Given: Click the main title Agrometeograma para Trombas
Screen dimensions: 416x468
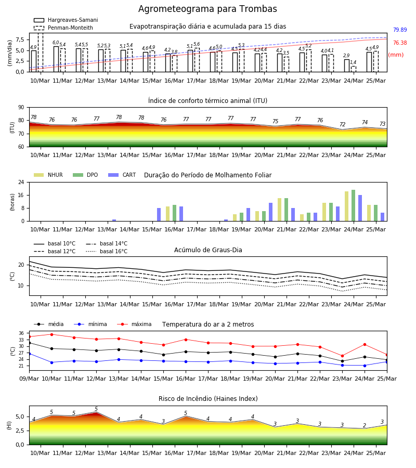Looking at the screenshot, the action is (207, 9).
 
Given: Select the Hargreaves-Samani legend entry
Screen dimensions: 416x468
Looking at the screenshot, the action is (66, 20).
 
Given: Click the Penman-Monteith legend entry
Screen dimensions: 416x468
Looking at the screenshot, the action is (63, 28).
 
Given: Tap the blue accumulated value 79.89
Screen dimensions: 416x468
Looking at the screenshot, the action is (400, 30).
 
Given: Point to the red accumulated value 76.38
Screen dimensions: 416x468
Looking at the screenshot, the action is (400, 43).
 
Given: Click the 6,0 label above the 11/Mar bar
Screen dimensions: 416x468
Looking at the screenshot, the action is (56, 43).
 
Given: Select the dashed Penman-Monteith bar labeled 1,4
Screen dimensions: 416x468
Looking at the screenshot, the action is (354, 69).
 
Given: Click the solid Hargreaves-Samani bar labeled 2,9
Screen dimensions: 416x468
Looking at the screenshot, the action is (347, 66).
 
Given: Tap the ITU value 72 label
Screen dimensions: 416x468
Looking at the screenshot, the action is (342, 124).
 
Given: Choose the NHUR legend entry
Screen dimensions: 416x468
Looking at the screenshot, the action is (48, 175).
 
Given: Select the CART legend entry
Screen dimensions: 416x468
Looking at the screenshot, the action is (122, 175).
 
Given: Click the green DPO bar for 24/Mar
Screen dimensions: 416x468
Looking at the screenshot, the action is (353, 205).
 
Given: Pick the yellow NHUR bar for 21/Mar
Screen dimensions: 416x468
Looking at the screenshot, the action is (280, 210).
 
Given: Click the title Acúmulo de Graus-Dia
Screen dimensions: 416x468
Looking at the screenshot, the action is (208, 250).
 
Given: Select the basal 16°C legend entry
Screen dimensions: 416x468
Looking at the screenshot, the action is (107, 251).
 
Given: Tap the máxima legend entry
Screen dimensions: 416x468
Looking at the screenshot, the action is (134, 324).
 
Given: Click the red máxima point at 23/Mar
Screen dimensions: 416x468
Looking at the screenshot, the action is (342, 356).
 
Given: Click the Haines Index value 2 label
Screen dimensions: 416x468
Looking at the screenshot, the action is (365, 425).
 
